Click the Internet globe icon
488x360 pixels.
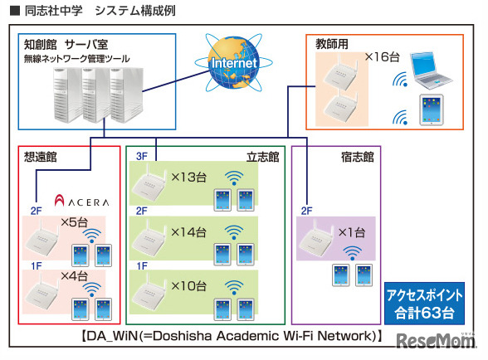[227, 63]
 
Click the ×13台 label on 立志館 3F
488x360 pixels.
[193, 178]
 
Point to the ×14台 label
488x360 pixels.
[193, 231]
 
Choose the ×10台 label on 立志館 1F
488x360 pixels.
[193, 285]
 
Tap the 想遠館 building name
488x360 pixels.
[41, 156]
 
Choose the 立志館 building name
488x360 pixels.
[264, 156]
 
